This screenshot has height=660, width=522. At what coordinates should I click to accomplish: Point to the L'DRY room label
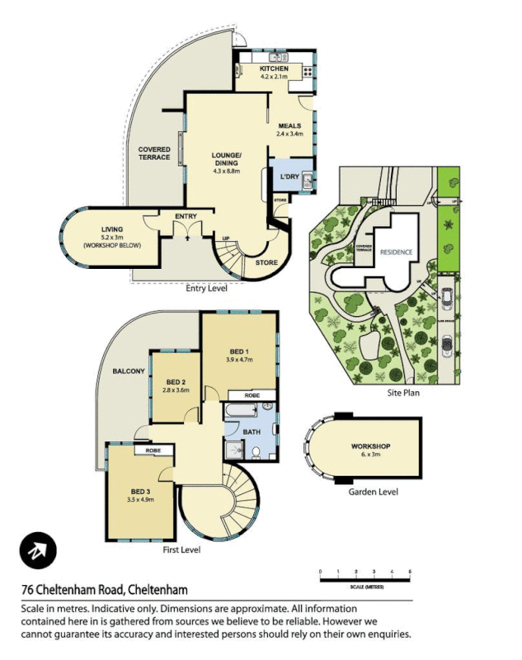289,177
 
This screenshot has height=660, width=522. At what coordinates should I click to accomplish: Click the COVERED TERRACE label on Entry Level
154,153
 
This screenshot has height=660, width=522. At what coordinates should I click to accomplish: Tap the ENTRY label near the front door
186,216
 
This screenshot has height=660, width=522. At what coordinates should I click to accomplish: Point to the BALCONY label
129,371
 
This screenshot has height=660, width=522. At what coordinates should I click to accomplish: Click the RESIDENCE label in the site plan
397,251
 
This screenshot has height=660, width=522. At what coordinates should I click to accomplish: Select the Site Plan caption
403,394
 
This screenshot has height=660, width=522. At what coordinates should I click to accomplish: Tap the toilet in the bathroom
256,451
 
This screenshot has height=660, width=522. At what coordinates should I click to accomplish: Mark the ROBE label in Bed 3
153,451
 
